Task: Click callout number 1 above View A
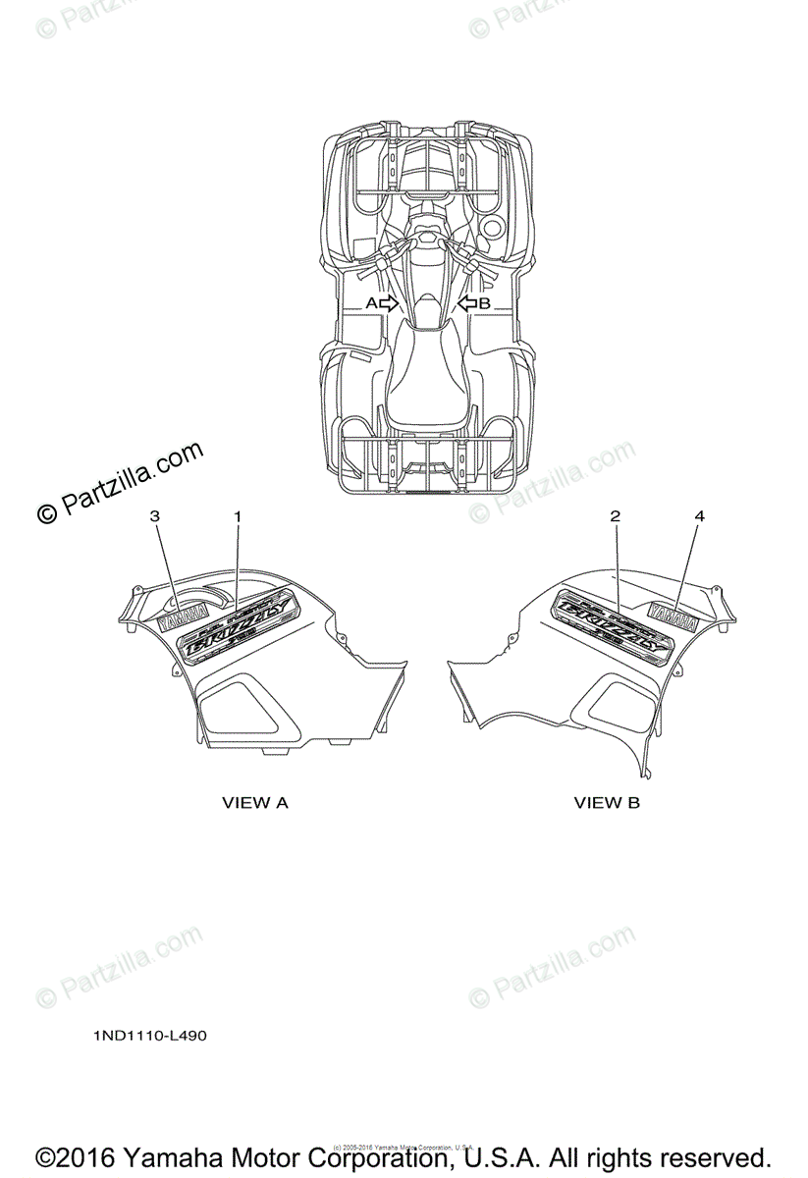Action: pyautogui.click(x=237, y=514)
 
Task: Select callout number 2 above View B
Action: pyautogui.click(x=616, y=514)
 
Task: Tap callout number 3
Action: pyautogui.click(x=154, y=514)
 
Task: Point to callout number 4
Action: pyautogui.click(x=698, y=514)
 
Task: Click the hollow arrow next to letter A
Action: pyautogui.click(x=389, y=303)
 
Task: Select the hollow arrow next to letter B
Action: pyautogui.click(x=467, y=303)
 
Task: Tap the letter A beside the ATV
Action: pyautogui.click(x=371, y=303)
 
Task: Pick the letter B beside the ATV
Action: pyautogui.click(x=484, y=303)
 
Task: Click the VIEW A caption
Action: pyautogui.click(x=255, y=803)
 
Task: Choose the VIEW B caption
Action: pyautogui.click(x=607, y=803)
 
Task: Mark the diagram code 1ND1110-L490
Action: pyautogui.click(x=151, y=1035)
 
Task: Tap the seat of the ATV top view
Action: pyautogui.click(x=425, y=378)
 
